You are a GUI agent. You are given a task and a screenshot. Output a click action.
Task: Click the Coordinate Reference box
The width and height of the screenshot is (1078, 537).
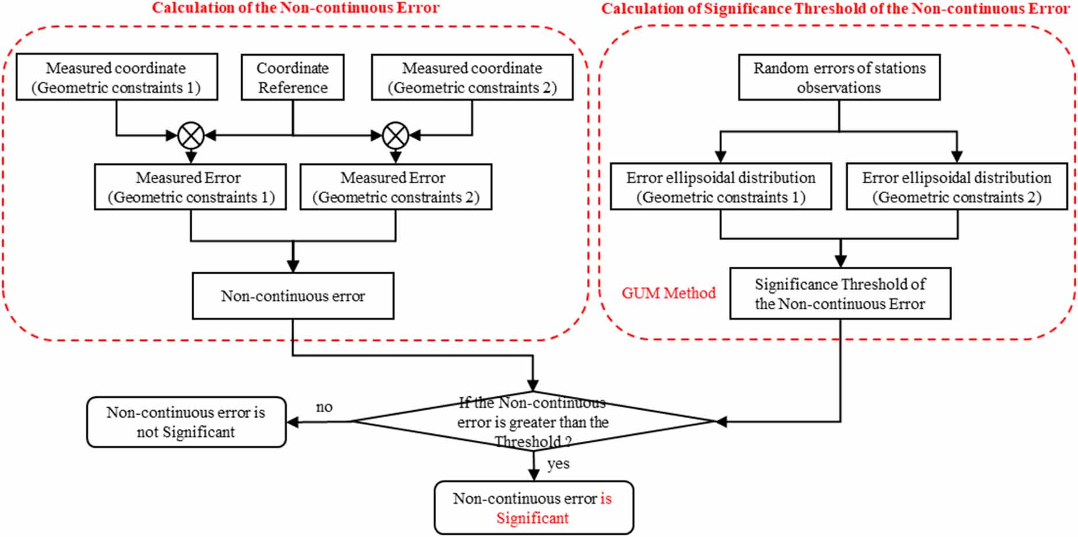coord(293,77)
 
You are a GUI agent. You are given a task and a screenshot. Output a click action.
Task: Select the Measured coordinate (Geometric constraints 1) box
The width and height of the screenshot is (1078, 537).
coord(117,77)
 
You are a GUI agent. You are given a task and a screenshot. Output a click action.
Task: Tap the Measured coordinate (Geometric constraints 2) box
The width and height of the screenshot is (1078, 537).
coord(472,77)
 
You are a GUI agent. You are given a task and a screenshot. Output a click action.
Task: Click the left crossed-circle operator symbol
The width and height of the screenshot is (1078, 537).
coord(191,136)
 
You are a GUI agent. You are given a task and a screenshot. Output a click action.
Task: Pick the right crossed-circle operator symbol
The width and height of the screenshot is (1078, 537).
coord(395,136)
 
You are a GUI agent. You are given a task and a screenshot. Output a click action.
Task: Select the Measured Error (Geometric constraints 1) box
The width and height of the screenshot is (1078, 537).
coord(190,187)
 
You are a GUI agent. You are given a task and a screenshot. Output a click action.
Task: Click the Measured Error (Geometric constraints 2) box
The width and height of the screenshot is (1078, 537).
coord(396,187)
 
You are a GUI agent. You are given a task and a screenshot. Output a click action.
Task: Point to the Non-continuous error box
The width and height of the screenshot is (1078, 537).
coord(293,296)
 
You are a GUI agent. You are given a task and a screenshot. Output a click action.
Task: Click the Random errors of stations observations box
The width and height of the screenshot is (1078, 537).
coord(839,77)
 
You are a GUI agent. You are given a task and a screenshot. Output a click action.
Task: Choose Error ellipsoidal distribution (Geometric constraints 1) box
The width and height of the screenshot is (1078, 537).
coord(721,187)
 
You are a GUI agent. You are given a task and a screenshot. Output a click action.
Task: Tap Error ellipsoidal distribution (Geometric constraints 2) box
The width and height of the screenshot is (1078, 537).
coord(957,187)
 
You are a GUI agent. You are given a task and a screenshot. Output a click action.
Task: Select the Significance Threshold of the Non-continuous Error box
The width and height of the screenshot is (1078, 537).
coord(840,294)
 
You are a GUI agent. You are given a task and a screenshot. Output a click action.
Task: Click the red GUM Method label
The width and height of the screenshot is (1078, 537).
coord(668,293)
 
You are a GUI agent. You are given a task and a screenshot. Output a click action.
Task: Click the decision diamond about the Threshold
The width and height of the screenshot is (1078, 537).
coord(533,422)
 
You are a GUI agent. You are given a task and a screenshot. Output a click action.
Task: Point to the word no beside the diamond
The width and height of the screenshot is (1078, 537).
coord(324,407)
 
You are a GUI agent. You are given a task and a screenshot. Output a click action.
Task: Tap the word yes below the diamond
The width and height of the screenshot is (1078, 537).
coord(558,464)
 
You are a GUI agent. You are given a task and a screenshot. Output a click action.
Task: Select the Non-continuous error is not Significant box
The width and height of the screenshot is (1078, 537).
coord(186,422)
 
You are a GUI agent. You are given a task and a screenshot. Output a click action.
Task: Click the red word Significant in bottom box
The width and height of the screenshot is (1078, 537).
coord(532,518)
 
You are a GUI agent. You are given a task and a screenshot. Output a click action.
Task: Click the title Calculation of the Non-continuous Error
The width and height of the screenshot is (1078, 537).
coord(295,8)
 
